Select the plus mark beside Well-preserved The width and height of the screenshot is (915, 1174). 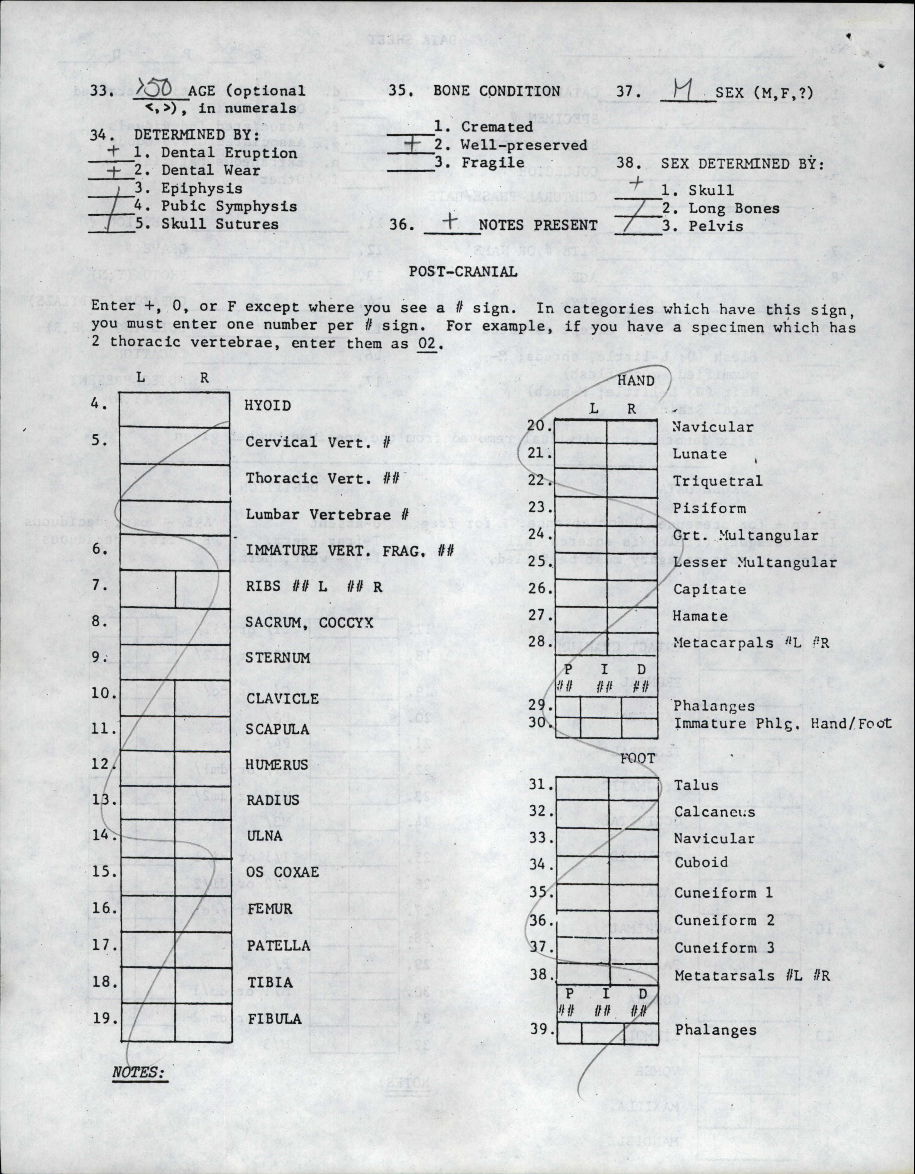click(411, 144)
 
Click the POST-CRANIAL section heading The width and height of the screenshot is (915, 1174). click(463, 271)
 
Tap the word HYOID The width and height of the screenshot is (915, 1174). click(268, 405)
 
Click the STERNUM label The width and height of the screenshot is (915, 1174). click(278, 658)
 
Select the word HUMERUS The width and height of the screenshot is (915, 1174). click(277, 764)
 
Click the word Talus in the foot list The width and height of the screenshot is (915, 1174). click(696, 785)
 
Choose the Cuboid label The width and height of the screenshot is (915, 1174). click(701, 862)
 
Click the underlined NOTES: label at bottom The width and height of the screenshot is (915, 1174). click(140, 1072)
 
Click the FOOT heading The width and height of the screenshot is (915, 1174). click(638, 759)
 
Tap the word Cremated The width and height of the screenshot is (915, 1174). click(496, 127)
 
